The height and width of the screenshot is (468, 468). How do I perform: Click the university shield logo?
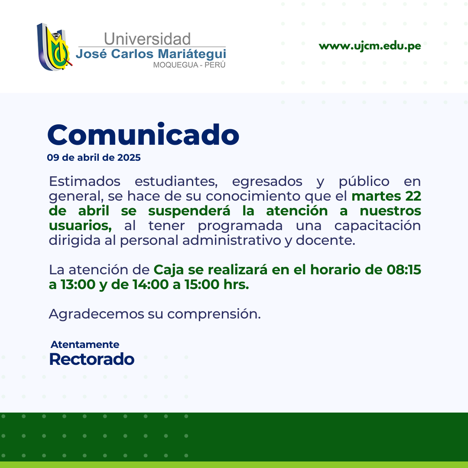point(54,47)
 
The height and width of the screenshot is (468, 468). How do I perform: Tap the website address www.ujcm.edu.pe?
point(370,46)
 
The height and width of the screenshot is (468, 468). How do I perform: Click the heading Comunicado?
point(143,134)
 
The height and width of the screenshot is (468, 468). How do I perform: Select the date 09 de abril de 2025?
point(94,157)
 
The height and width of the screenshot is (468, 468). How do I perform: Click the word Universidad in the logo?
point(147,39)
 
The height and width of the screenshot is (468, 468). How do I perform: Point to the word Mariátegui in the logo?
point(192,54)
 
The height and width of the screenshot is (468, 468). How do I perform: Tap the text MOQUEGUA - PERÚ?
point(189,65)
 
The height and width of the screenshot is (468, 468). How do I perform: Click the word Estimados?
point(84,181)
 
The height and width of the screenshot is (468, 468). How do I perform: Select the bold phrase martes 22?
point(386,196)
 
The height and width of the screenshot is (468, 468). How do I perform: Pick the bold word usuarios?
point(80,226)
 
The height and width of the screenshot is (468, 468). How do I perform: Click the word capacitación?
point(377,226)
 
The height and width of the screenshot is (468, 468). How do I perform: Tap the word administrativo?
point(231,240)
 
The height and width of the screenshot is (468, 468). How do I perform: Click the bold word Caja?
point(169,270)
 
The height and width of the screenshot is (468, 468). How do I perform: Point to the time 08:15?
point(404,270)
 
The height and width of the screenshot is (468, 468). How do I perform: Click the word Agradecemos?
point(96,314)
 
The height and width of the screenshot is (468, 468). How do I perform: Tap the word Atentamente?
point(85,344)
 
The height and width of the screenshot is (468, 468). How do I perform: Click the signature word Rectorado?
point(91,359)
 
